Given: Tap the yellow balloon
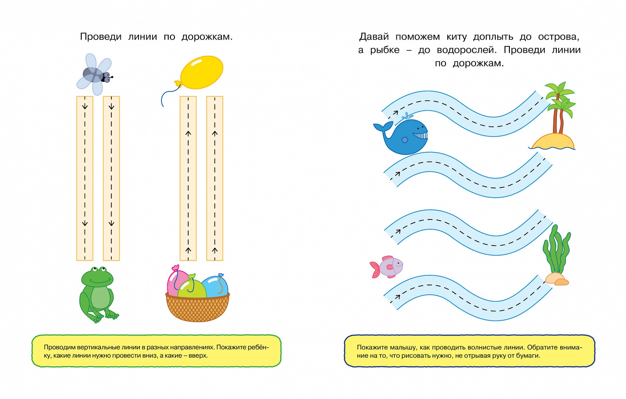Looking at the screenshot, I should (202, 72).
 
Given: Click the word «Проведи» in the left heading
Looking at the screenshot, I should (101, 37).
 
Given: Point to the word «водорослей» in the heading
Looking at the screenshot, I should (466, 50).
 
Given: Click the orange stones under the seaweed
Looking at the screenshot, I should (557, 279).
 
